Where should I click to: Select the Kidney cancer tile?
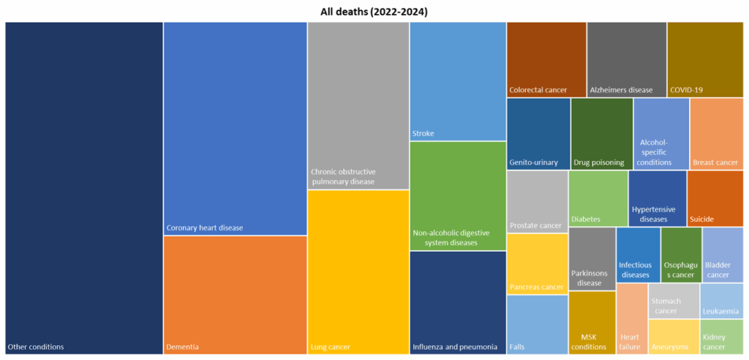[722, 337]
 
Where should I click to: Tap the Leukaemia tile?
[722, 301]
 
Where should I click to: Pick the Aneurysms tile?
[673, 337]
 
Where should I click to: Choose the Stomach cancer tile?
[673, 301]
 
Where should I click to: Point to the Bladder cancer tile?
[723, 255]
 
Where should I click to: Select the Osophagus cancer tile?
[680, 255]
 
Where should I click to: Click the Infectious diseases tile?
[637, 255]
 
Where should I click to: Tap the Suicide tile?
[715, 198]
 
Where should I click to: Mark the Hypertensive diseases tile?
[657, 198]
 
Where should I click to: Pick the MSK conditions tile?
[592, 323]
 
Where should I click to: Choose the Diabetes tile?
[598, 198]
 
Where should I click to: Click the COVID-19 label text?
[686, 90]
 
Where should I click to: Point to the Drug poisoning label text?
[599, 162]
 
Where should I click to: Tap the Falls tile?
[537, 324]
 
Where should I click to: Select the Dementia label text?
[182, 347]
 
